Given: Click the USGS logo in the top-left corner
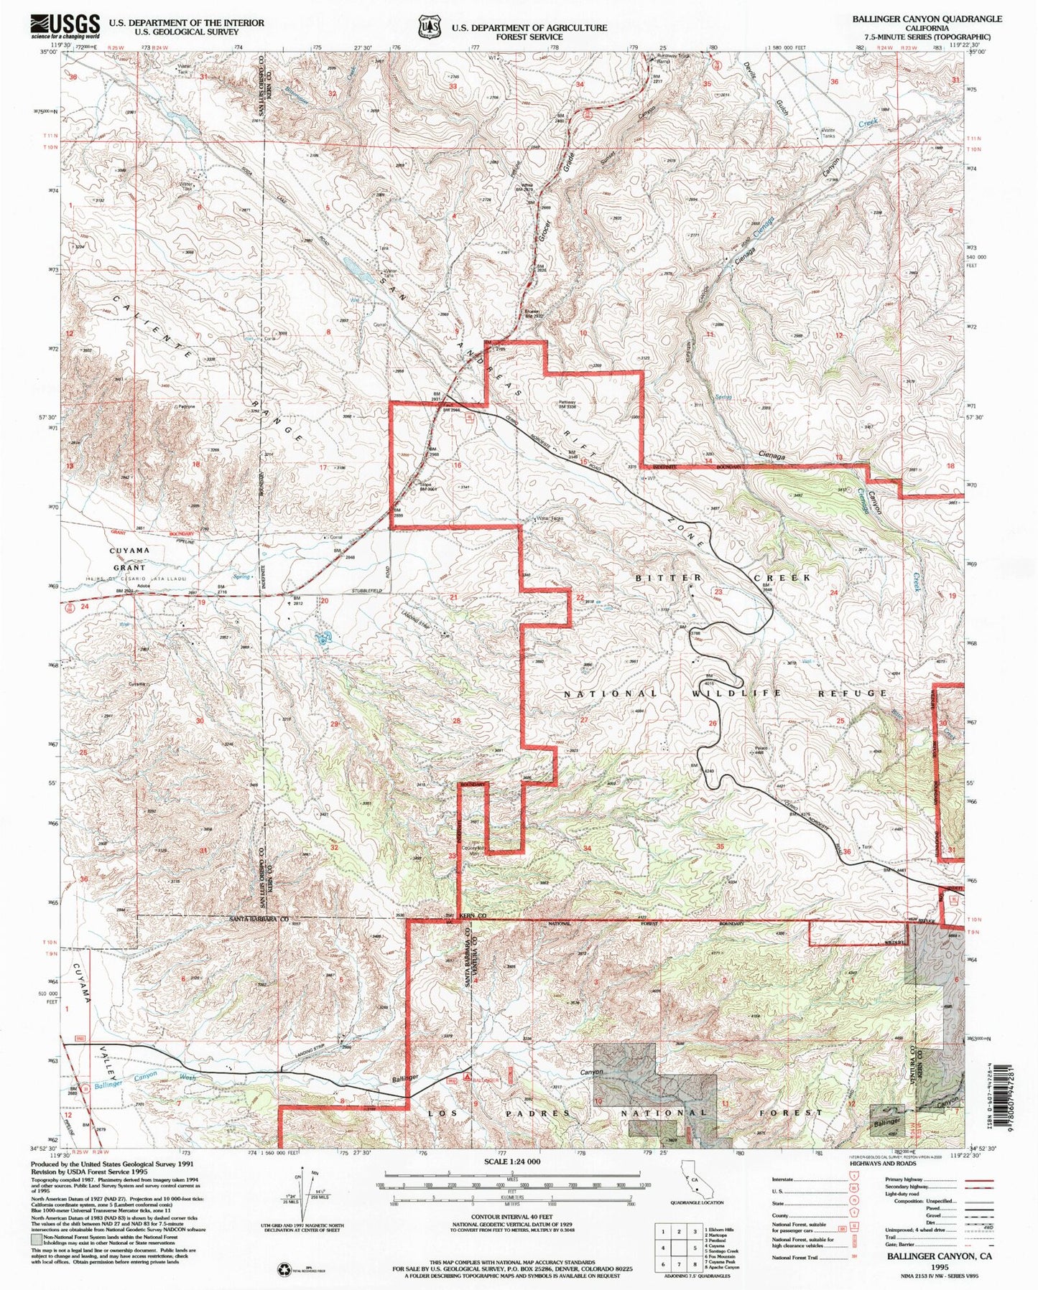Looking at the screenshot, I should coord(65,27).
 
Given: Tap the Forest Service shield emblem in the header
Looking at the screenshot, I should coord(430,27).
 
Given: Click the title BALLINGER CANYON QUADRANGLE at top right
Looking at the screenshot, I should coord(927,19).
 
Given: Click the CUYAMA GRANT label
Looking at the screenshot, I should coord(129,558).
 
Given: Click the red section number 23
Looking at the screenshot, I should coord(718,592).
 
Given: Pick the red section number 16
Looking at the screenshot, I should coord(457,466).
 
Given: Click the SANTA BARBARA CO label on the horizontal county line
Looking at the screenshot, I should coord(259,919).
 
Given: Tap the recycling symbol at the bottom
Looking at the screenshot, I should coord(284,1270).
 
